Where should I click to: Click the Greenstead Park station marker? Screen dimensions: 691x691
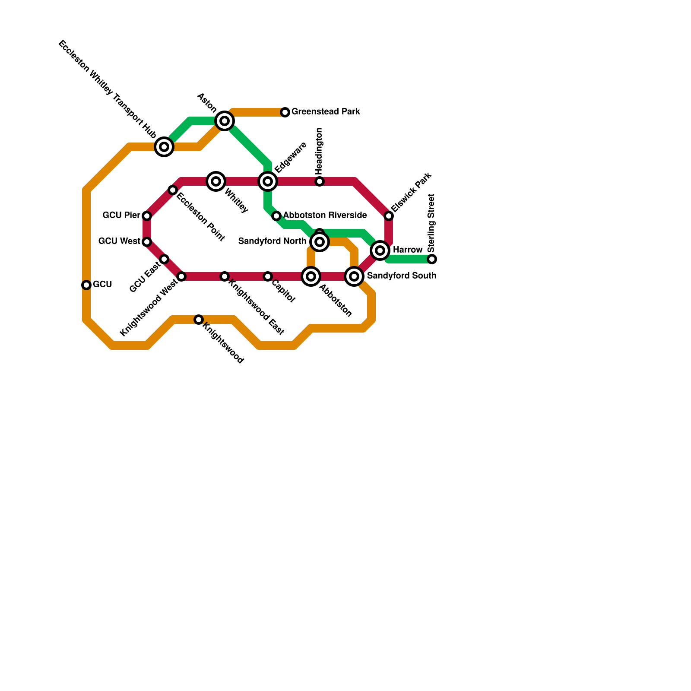[x=285, y=112]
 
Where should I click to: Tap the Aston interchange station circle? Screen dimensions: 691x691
[x=225, y=121]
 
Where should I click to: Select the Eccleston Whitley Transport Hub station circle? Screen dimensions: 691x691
[x=164, y=147]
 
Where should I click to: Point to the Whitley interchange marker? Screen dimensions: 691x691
[x=216, y=181]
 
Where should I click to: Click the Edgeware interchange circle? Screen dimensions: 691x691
[x=268, y=181]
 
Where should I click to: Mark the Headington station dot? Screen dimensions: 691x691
[x=320, y=181]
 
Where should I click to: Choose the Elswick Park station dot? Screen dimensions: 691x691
[x=389, y=216]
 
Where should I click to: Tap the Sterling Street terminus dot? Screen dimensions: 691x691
[x=432, y=259]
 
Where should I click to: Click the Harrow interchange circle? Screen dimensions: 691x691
[x=380, y=250]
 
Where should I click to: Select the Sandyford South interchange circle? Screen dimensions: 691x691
[x=354, y=276]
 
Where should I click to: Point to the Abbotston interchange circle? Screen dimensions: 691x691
[x=311, y=276]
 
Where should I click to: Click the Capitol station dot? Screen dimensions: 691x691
[x=268, y=276]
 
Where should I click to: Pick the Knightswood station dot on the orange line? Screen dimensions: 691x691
[x=199, y=320]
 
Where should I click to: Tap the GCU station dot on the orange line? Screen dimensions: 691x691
[x=86, y=285]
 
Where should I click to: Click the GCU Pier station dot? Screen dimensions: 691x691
[x=147, y=216]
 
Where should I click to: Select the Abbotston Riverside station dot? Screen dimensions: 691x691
[x=276, y=216]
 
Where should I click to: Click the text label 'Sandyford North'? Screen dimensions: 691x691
[x=272, y=241]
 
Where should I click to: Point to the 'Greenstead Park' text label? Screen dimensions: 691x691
[x=326, y=112]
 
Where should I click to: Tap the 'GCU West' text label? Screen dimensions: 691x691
[x=119, y=241]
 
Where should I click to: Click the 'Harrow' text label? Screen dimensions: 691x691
[x=408, y=250]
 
